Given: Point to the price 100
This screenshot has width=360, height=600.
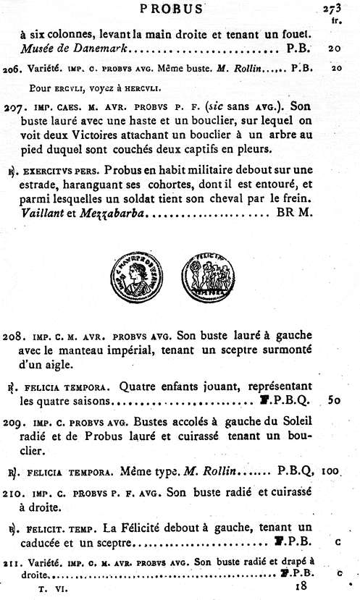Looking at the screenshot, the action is (x=330, y=470).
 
